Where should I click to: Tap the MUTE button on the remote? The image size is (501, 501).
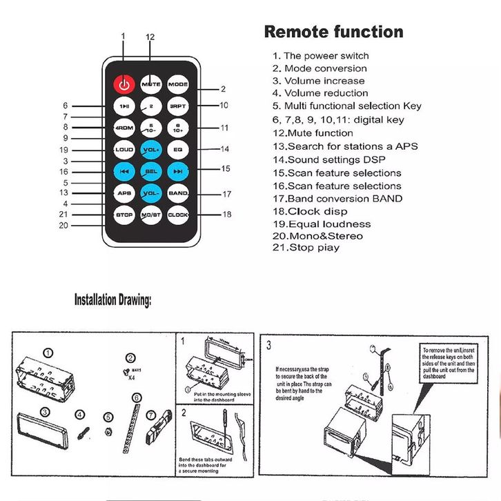click(x=151, y=84)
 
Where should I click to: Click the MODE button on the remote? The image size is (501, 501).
click(x=178, y=84)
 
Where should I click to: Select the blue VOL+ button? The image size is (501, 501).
click(x=151, y=149)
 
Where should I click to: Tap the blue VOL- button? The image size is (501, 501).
click(x=151, y=193)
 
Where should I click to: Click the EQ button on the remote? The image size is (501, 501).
click(x=178, y=149)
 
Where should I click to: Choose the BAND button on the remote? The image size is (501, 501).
click(x=178, y=193)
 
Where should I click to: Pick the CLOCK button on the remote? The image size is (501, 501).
click(x=178, y=215)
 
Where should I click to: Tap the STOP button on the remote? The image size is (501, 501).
click(x=124, y=215)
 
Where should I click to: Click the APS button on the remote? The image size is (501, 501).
click(x=124, y=193)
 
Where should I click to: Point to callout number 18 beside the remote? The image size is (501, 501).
click(x=226, y=215)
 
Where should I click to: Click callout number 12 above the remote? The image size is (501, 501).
click(x=150, y=37)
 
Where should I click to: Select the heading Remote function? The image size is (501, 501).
click(x=334, y=32)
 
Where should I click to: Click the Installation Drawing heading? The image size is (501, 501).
click(x=112, y=300)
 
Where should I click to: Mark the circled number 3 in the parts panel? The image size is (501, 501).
click(x=44, y=412)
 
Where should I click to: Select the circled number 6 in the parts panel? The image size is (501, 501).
click(x=137, y=397)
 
